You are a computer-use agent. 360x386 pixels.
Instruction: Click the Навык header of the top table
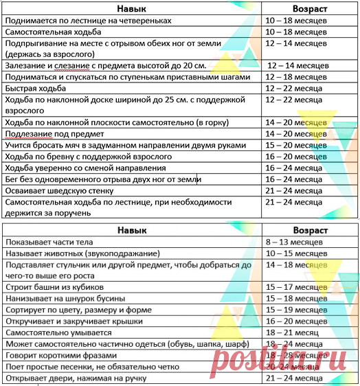point(131,8)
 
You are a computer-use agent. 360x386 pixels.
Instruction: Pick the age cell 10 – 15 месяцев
point(304,253)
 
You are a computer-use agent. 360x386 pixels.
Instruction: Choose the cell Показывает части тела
point(47,242)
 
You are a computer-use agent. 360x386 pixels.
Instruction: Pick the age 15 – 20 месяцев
point(304,146)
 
